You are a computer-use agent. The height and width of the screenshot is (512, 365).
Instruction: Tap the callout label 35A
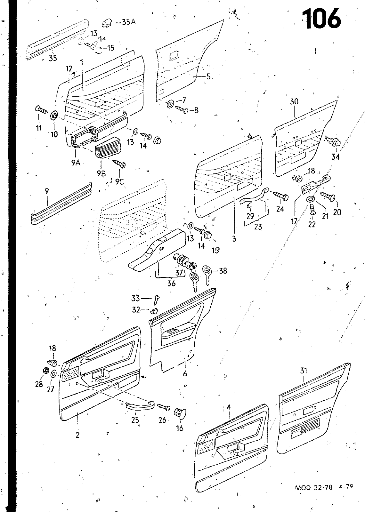[129, 22]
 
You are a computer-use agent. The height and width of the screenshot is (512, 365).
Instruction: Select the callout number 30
[294, 101]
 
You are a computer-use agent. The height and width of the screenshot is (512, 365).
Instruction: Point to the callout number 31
[304, 370]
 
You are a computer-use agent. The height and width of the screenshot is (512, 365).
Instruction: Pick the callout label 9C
[119, 181]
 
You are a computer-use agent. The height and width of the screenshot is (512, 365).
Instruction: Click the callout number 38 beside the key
[223, 271]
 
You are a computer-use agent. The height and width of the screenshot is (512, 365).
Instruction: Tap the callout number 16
[180, 428]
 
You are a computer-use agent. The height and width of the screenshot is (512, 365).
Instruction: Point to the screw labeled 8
[182, 110]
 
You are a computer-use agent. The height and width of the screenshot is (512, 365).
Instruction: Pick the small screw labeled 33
[157, 299]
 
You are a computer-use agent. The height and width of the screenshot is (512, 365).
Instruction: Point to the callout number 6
[185, 373]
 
